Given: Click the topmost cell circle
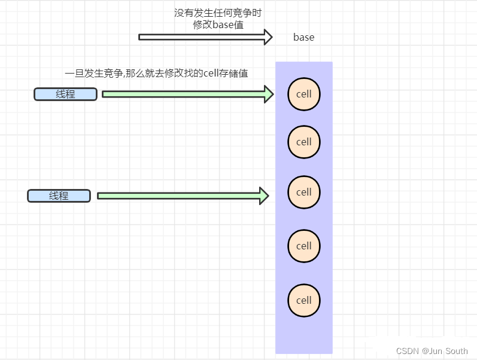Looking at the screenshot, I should (x=304, y=94).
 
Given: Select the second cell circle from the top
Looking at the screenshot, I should (x=304, y=142).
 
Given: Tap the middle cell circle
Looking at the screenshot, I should (x=304, y=192).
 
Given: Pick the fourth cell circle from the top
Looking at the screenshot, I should (x=304, y=246).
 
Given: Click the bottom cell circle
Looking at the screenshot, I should (x=304, y=300).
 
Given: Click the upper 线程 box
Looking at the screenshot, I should (x=65, y=94).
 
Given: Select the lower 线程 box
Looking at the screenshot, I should (x=59, y=196).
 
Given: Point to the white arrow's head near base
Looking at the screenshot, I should (x=268, y=37).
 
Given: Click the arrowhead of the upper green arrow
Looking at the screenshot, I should (x=269, y=94).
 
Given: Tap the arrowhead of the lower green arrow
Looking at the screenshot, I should (x=264, y=196).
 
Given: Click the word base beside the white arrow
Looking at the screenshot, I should (x=303, y=37).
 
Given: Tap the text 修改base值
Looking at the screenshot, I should (x=218, y=25).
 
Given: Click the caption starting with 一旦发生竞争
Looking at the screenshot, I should (x=156, y=73).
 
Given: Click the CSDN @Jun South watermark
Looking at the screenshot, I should (x=432, y=351).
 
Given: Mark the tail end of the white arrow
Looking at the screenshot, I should (x=141, y=37).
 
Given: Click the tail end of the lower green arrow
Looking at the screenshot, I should (x=99, y=196).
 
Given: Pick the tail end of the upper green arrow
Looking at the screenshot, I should (x=104, y=94).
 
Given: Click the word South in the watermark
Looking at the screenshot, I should (x=456, y=351).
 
